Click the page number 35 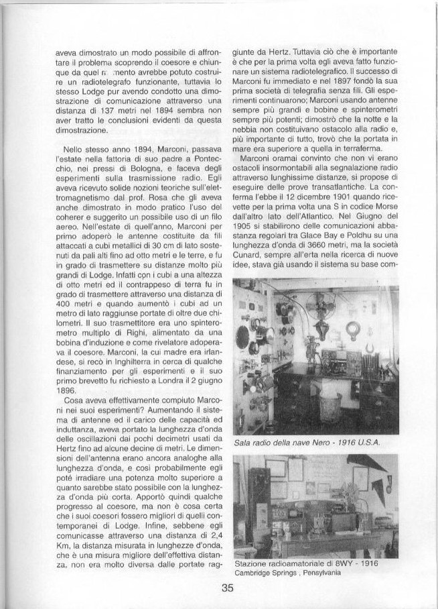pyautogui.click(x=226, y=590)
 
